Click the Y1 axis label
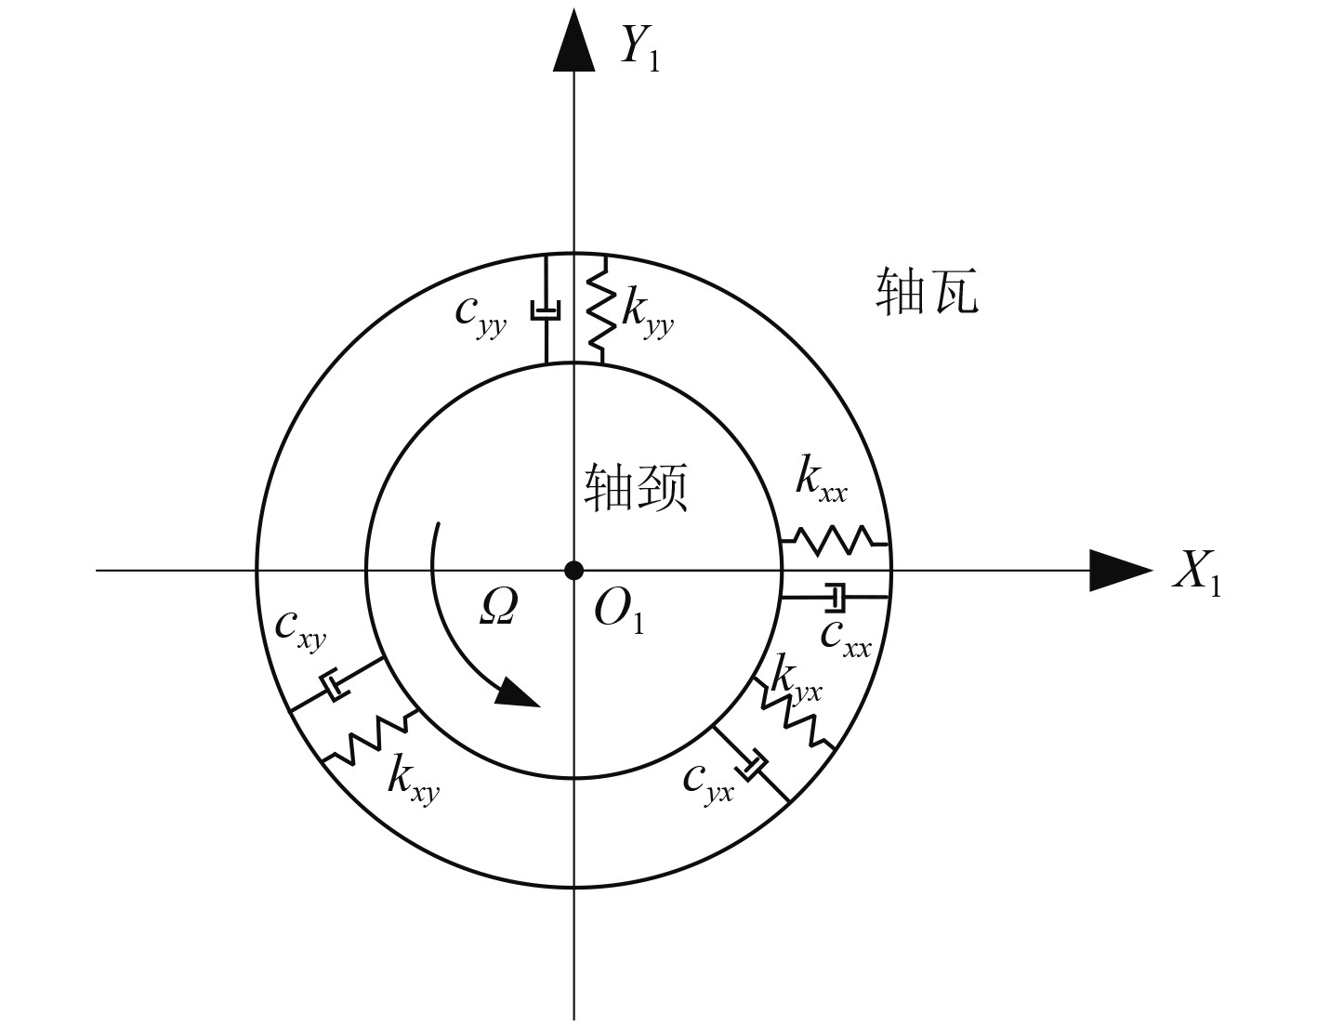pos(639,49)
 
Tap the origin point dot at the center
pos(573,570)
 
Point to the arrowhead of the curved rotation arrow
pos(519,693)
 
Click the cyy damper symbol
pos(546,310)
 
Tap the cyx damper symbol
pos(751,764)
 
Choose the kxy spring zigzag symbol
pos(370,738)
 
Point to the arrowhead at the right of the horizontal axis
pos(1119,570)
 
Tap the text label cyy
pos(480,314)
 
